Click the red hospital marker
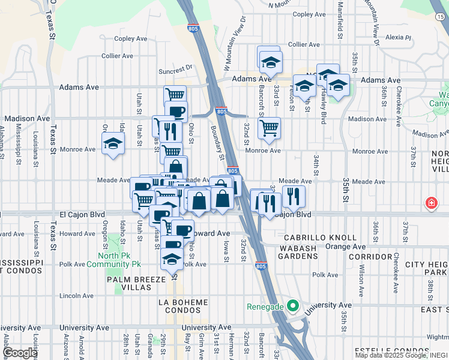coord(431,204)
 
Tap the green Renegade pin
coord(293,306)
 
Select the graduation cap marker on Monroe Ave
coord(112,144)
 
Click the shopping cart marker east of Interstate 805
coord(269,127)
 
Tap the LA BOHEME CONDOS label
coord(184,306)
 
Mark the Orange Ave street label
coord(345,247)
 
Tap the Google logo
coord(20,353)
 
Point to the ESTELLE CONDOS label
coord(382,350)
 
